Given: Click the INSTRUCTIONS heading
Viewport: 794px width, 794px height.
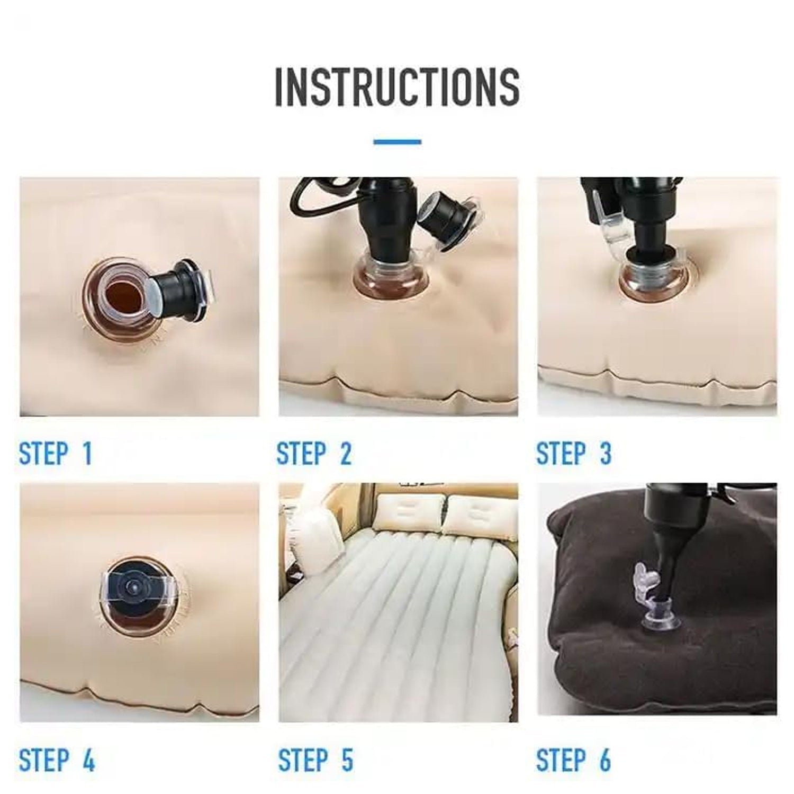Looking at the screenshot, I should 397,87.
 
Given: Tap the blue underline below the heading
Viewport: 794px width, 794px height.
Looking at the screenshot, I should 397,142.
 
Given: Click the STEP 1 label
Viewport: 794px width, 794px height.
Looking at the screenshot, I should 56,454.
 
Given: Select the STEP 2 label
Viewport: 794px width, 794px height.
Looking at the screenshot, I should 314,454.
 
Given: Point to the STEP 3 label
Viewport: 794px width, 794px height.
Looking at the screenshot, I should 573,454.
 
